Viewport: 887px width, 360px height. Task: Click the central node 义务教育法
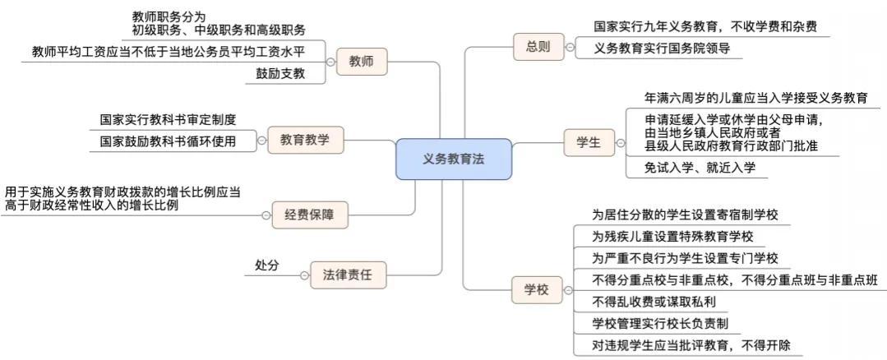point(453,159)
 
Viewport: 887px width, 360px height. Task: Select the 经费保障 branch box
point(309,215)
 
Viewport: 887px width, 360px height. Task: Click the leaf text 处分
point(267,265)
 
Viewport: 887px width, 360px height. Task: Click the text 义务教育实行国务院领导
point(662,49)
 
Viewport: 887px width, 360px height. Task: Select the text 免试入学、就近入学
point(700,168)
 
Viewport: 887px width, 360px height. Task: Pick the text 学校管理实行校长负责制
point(661,324)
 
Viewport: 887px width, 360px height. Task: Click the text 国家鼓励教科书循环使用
point(168,141)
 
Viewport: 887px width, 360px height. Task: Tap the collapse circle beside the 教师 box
point(330,61)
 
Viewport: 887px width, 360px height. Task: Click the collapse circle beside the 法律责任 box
point(301,274)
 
